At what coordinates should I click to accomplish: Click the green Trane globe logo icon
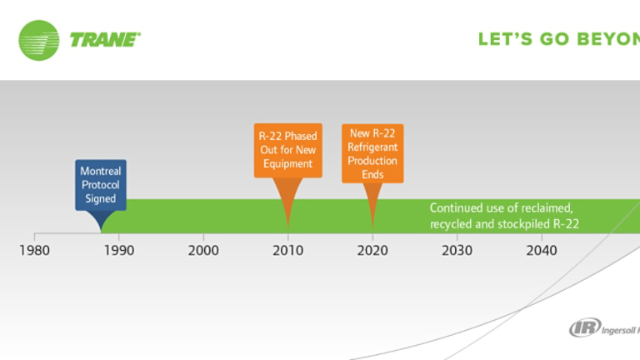pos(38,40)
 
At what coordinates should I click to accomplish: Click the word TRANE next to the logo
pos(105,40)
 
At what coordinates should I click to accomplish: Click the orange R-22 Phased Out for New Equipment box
pos(288,150)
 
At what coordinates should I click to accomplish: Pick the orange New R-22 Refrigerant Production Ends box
pos(372,153)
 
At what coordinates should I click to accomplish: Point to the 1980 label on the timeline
pos(34,249)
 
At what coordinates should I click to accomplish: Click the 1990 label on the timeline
pos(119,249)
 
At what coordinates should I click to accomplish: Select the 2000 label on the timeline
pos(203,249)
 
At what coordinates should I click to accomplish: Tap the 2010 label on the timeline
pos(288,249)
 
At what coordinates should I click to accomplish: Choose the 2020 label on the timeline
pos(372,249)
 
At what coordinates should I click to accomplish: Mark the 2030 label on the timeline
pos(457,249)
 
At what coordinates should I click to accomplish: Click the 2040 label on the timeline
pos(542,249)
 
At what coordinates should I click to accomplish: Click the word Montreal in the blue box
pos(101,172)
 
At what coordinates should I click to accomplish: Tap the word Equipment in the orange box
pos(288,164)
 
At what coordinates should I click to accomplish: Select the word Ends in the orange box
pos(372,175)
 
